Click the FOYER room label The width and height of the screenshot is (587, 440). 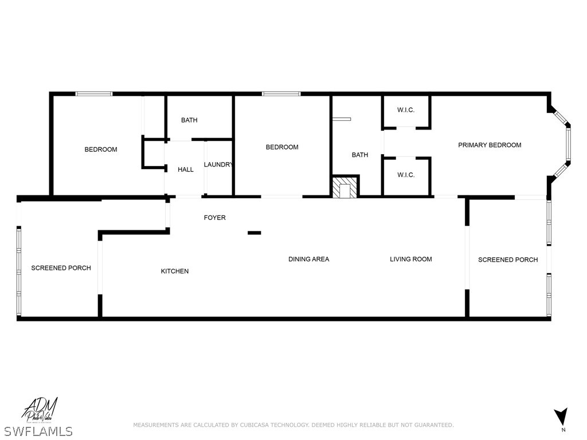pyautogui.click(x=215, y=218)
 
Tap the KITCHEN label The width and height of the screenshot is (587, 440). pyautogui.click(x=175, y=271)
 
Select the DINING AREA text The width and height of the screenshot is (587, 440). pyautogui.click(x=308, y=259)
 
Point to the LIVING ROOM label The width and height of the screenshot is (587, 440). pyautogui.click(x=411, y=259)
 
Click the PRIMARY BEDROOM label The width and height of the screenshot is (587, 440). pyautogui.click(x=490, y=145)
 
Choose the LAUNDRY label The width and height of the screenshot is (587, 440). pyautogui.click(x=218, y=165)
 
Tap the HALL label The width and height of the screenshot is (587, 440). pyautogui.click(x=186, y=170)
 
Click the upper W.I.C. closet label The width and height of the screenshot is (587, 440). pyautogui.click(x=406, y=110)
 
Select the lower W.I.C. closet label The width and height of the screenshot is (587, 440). pyautogui.click(x=406, y=175)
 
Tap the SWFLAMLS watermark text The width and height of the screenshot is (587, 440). pyautogui.click(x=38, y=431)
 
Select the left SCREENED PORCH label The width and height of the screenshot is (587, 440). pyautogui.click(x=61, y=268)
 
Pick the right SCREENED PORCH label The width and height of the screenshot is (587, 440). pyautogui.click(x=508, y=260)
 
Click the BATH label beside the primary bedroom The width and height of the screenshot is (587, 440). pyautogui.click(x=360, y=155)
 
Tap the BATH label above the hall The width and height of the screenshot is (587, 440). pyautogui.click(x=189, y=120)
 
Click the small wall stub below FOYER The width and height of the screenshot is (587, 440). pyautogui.click(x=255, y=233)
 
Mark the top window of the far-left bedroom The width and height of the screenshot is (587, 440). pyautogui.click(x=94, y=93)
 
